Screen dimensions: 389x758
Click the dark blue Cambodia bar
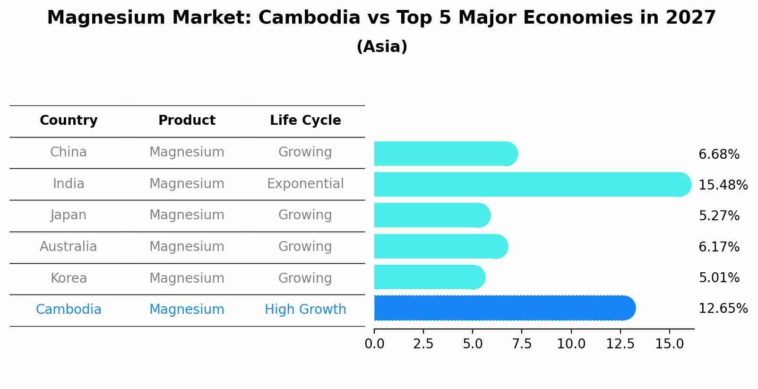(x=504, y=308)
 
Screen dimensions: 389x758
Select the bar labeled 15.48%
(x=532, y=184)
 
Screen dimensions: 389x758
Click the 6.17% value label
(x=719, y=247)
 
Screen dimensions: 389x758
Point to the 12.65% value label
(x=723, y=309)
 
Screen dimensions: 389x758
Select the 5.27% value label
(x=719, y=216)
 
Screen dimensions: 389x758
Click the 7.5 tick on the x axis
(x=522, y=344)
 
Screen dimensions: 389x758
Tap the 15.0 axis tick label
(x=669, y=344)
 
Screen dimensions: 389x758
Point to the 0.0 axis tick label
(x=374, y=344)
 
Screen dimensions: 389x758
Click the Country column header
(x=69, y=121)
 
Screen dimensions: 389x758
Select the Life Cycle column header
(x=305, y=121)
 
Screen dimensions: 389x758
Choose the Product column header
(x=187, y=121)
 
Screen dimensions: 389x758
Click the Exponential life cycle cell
(x=305, y=183)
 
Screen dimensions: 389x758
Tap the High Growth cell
(x=305, y=310)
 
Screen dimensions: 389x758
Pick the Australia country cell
(x=69, y=247)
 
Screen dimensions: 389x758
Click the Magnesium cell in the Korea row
(x=187, y=278)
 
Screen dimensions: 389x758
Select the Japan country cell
(x=69, y=215)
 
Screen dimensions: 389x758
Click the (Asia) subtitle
(x=382, y=47)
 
